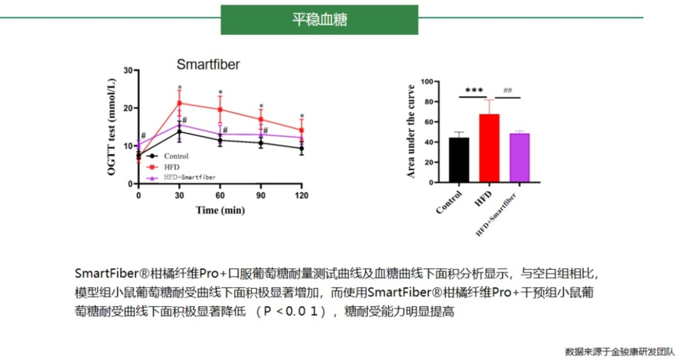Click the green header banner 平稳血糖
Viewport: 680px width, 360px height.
319,18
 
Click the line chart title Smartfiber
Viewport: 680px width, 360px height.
208,63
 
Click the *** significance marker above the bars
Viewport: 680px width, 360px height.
474,91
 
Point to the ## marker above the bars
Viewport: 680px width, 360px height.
508,90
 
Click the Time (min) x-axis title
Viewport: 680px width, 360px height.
219,210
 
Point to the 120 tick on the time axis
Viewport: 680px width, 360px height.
300,195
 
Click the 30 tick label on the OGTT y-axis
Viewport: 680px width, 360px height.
127,70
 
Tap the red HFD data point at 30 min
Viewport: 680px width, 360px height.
179,103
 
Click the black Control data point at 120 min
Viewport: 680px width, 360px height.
301,148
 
